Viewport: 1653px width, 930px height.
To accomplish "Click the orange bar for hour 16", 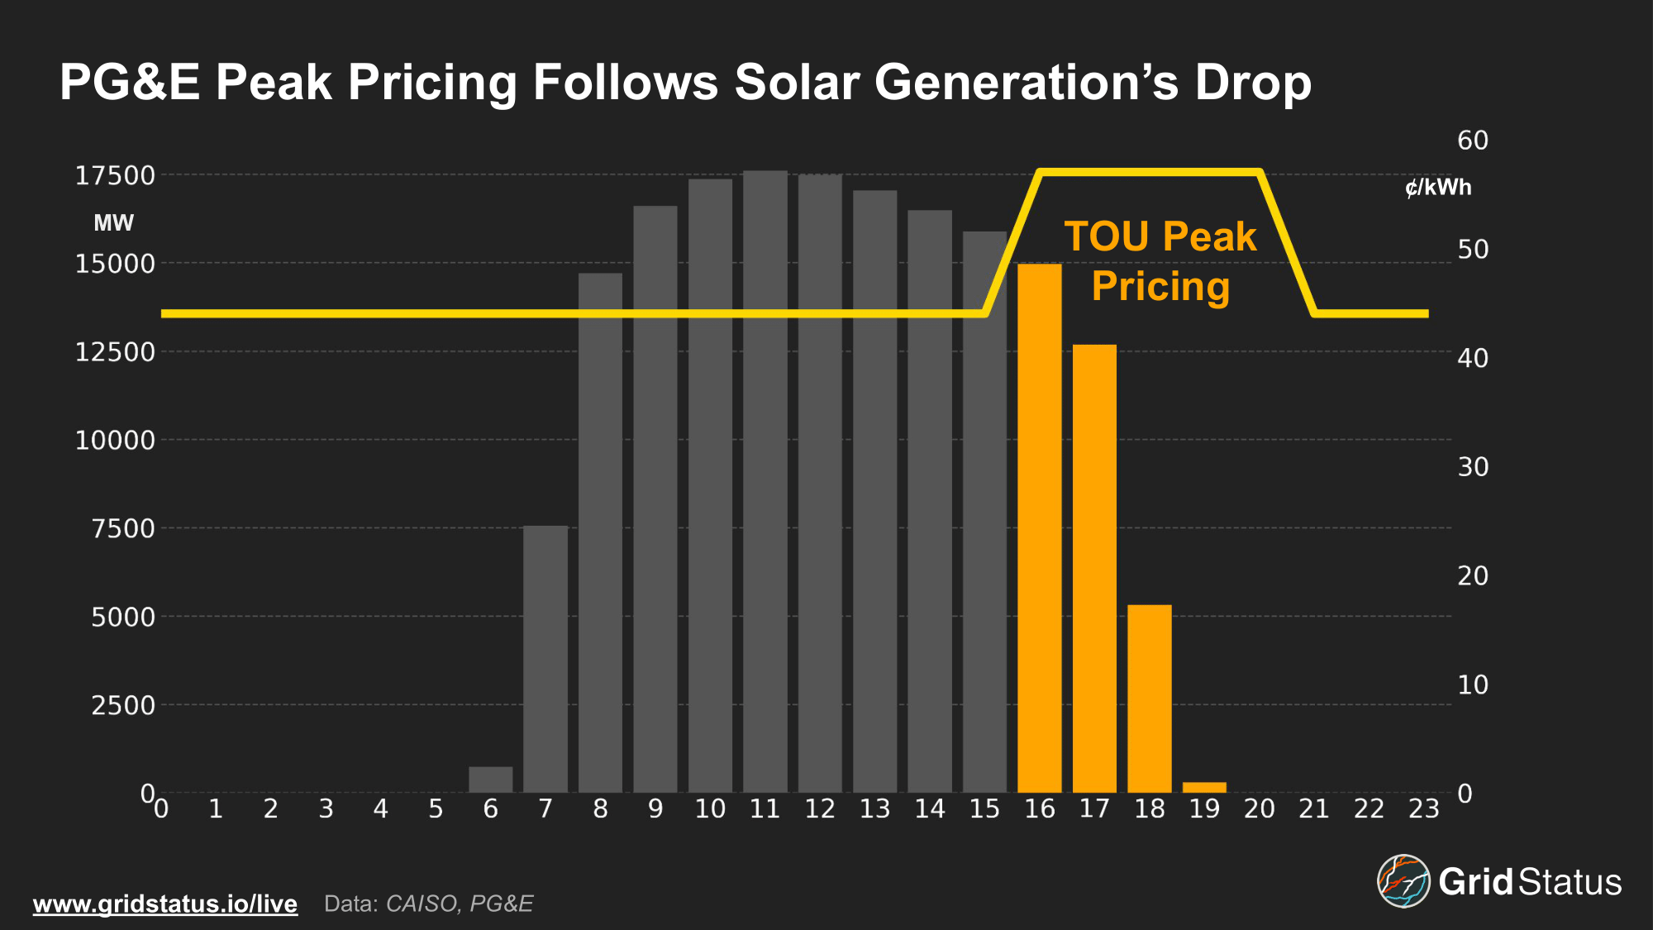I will [x=1039, y=529].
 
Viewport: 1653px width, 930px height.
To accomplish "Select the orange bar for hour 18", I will [x=1149, y=699].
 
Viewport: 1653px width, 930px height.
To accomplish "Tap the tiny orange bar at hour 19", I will [x=1204, y=787].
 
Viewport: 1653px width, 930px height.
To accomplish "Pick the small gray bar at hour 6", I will [x=490, y=780].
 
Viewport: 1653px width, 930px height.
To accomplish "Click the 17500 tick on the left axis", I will [x=115, y=175].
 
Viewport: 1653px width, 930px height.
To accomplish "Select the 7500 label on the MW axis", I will [x=123, y=528].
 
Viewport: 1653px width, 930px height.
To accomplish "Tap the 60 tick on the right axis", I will [x=1472, y=141].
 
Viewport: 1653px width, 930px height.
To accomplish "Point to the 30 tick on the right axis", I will [x=1472, y=467].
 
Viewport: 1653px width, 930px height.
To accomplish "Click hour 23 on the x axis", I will [x=1423, y=808].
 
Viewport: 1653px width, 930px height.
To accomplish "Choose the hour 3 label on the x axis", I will [x=326, y=808].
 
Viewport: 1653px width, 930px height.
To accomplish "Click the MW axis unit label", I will [x=113, y=222].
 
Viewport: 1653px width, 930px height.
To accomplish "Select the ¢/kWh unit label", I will [x=1438, y=188].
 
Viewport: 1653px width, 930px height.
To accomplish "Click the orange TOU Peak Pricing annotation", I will [x=1160, y=261].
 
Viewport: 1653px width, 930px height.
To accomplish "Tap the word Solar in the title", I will [x=797, y=83].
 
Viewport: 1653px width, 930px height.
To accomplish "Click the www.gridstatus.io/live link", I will [x=165, y=904].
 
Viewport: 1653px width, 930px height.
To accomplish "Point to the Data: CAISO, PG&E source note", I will [x=428, y=904].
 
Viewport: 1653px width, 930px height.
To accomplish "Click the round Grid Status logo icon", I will [x=1403, y=881].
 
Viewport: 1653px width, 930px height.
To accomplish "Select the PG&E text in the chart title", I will [x=130, y=83].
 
